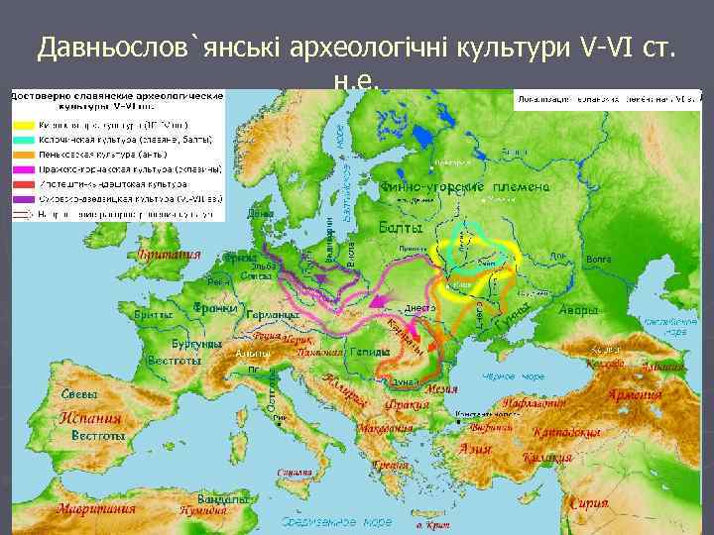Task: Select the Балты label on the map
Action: pos(402,228)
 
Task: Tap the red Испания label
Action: pos(90,417)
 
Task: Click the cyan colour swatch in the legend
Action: pos(24,141)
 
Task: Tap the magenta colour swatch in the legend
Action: pos(24,169)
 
